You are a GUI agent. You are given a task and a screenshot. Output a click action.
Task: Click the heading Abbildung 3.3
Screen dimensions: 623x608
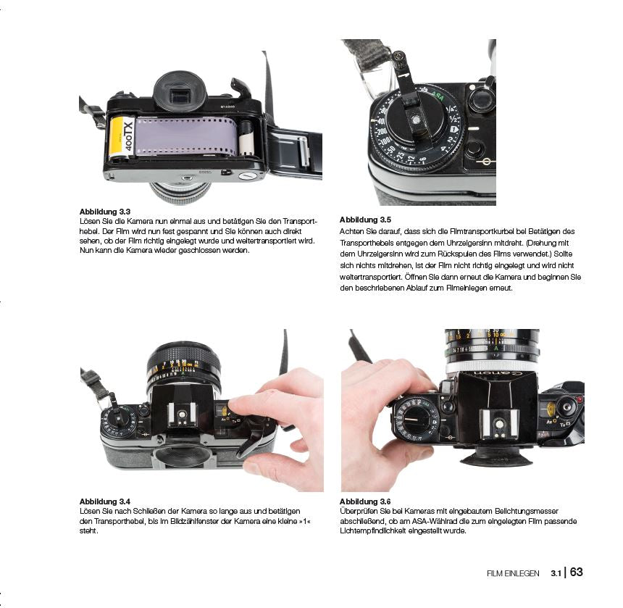(x=105, y=212)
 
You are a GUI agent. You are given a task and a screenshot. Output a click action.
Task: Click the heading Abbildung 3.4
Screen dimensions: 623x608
(x=105, y=501)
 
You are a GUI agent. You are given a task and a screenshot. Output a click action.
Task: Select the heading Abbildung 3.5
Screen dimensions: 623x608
(x=365, y=220)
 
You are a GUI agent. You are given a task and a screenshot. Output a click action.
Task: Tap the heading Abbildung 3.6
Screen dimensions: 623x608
(x=365, y=501)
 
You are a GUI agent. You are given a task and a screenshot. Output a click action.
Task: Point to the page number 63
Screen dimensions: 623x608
(x=576, y=572)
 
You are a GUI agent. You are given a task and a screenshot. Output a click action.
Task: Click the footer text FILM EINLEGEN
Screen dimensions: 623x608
(x=513, y=573)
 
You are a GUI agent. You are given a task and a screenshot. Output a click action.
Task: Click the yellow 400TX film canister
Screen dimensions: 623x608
(x=121, y=138)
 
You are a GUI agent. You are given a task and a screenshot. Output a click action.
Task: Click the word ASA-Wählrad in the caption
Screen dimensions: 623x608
(x=434, y=521)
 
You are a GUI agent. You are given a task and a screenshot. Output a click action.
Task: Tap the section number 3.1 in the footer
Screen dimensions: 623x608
(x=556, y=573)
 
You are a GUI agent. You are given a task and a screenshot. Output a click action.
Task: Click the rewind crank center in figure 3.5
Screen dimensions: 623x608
(x=415, y=120)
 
